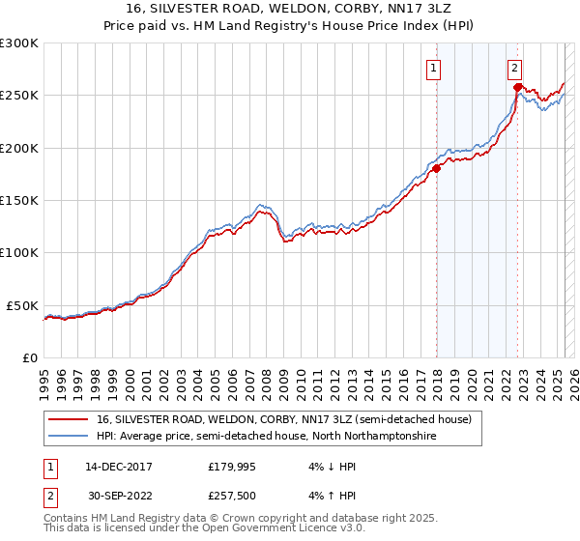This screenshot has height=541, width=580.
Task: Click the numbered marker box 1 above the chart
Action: [x=434, y=68]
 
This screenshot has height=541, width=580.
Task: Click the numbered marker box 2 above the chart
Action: [x=515, y=68]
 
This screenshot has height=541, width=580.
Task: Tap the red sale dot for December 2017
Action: [x=436, y=168]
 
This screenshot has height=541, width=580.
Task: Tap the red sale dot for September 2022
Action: [x=517, y=87]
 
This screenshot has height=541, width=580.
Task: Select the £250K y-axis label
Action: [x=19, y=96]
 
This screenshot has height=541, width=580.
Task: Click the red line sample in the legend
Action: [x=70, y=419]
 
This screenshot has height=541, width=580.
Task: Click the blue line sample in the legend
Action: [x=70, y=437]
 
